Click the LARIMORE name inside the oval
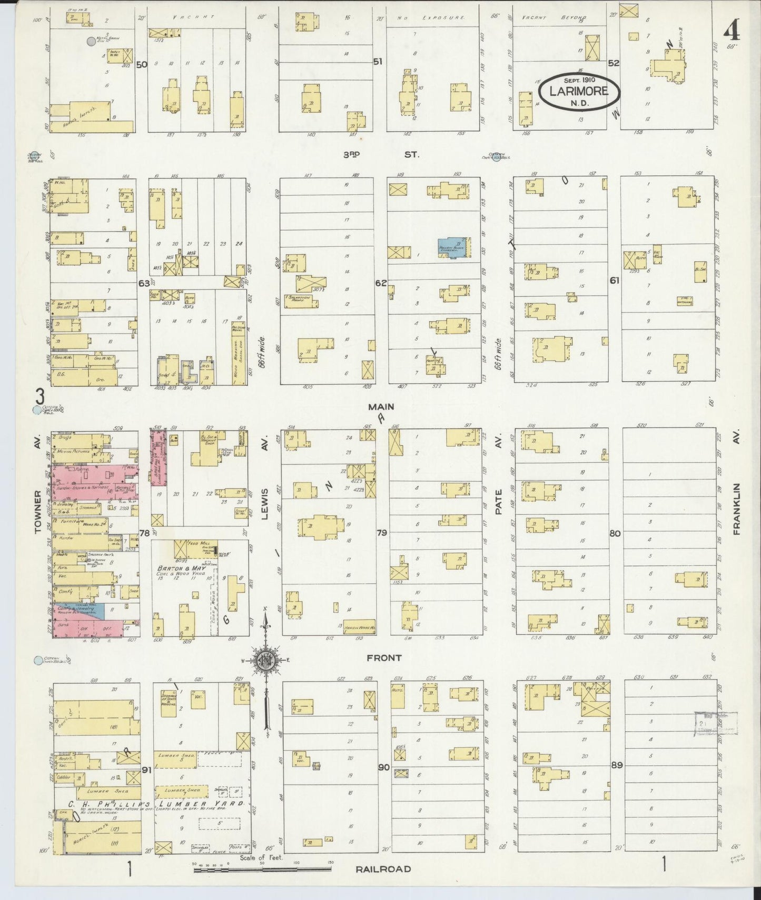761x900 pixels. point(579,91)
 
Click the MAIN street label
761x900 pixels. point(381,407)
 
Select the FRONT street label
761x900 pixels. point(384,657)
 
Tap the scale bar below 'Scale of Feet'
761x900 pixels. point(263,871)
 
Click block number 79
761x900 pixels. point(382,533)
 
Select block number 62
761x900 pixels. point(381,283)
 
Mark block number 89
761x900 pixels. point(616,765)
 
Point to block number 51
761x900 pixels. point(377,62)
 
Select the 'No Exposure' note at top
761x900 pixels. point(431,18)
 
